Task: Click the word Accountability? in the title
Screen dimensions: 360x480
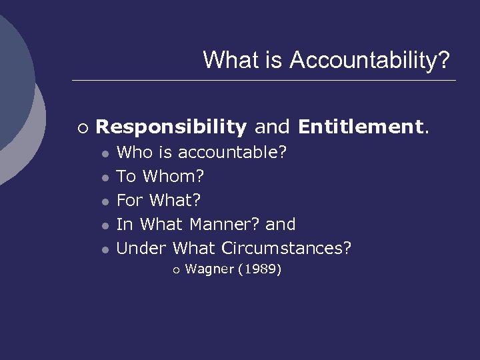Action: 370,60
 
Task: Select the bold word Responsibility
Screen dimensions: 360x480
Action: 171,126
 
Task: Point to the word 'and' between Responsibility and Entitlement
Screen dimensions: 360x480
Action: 272,126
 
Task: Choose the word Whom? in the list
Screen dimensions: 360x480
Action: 174,177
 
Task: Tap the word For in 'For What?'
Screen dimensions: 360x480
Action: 130,200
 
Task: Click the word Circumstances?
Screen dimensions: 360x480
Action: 286,248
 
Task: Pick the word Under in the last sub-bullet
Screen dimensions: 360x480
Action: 142,248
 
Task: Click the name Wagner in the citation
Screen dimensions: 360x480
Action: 208,269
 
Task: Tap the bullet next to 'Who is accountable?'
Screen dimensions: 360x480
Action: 105,153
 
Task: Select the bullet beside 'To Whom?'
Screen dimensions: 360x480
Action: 105,177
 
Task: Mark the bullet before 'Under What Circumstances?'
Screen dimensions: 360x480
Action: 105,249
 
